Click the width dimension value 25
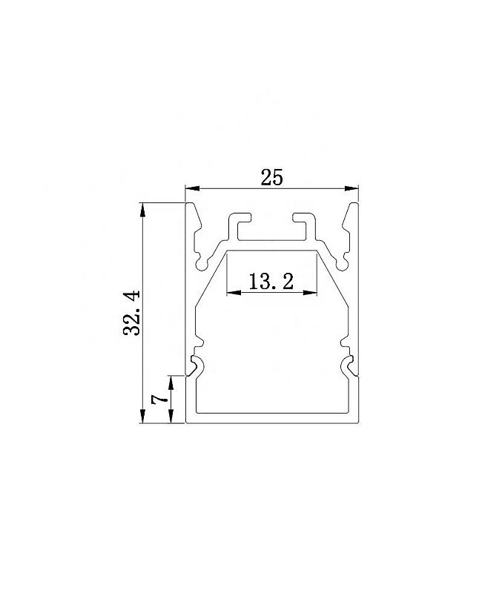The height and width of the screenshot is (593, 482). point(271,177)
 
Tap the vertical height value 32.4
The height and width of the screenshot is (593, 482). point(133,313)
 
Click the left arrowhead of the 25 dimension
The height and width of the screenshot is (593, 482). point(190,188)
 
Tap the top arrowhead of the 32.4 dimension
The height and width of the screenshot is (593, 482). point(142,208)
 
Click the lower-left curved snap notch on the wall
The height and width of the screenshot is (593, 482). point(197,365)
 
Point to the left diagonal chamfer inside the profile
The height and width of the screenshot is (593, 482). point(210,280)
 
